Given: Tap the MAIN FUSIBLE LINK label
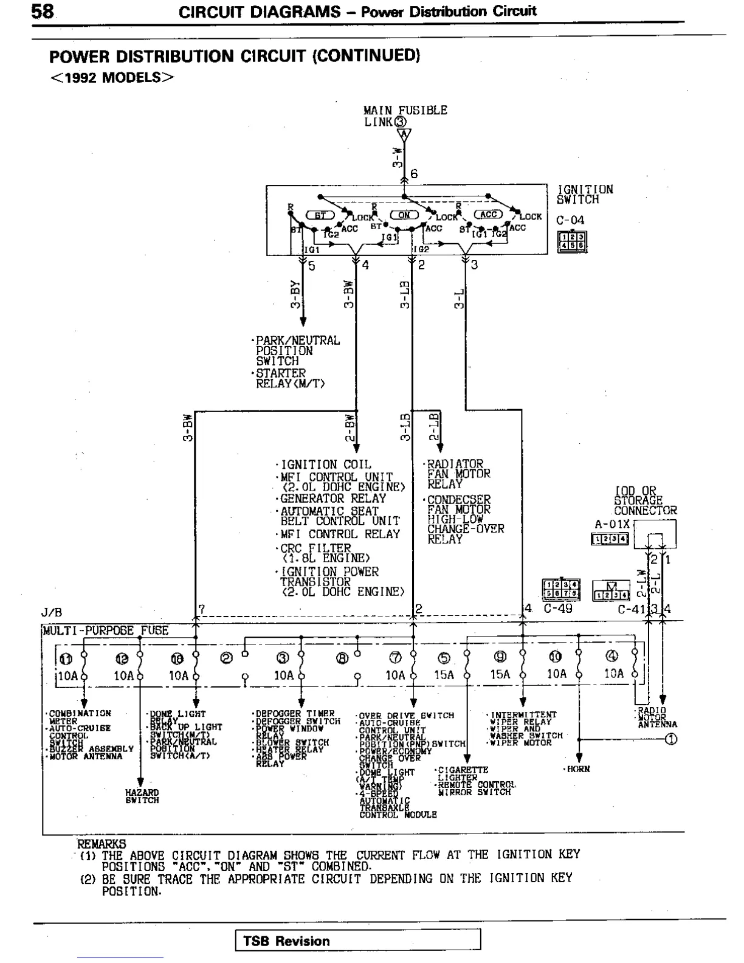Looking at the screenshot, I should pyautogui.click(x=405, y=116).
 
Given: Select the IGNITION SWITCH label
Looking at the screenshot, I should pyautogui.click(x=585, y=195).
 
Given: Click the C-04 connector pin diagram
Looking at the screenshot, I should pyautogui.click(x=573, y=242).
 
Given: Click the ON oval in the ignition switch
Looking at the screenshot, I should pyautogui.click(x=404, y=215).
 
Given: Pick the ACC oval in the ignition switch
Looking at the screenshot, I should pyautogui.click(x=489, y=214).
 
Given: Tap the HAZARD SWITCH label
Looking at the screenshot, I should pyautogui.click(x=142, y=796).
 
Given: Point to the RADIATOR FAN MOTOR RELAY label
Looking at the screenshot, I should pyautogui.click(x=458, y=474).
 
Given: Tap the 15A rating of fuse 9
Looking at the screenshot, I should pyautogui.click(x=500, y=674).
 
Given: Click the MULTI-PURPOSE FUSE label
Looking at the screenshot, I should pyautogui.click(x=106, y=630).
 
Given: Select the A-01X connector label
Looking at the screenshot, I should pyautogui.click(x=613, y=524).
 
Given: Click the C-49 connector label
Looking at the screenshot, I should pyautogui.click(x=557, y=608).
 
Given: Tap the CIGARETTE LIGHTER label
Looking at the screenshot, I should pyautogui.click(x=462, y=773).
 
